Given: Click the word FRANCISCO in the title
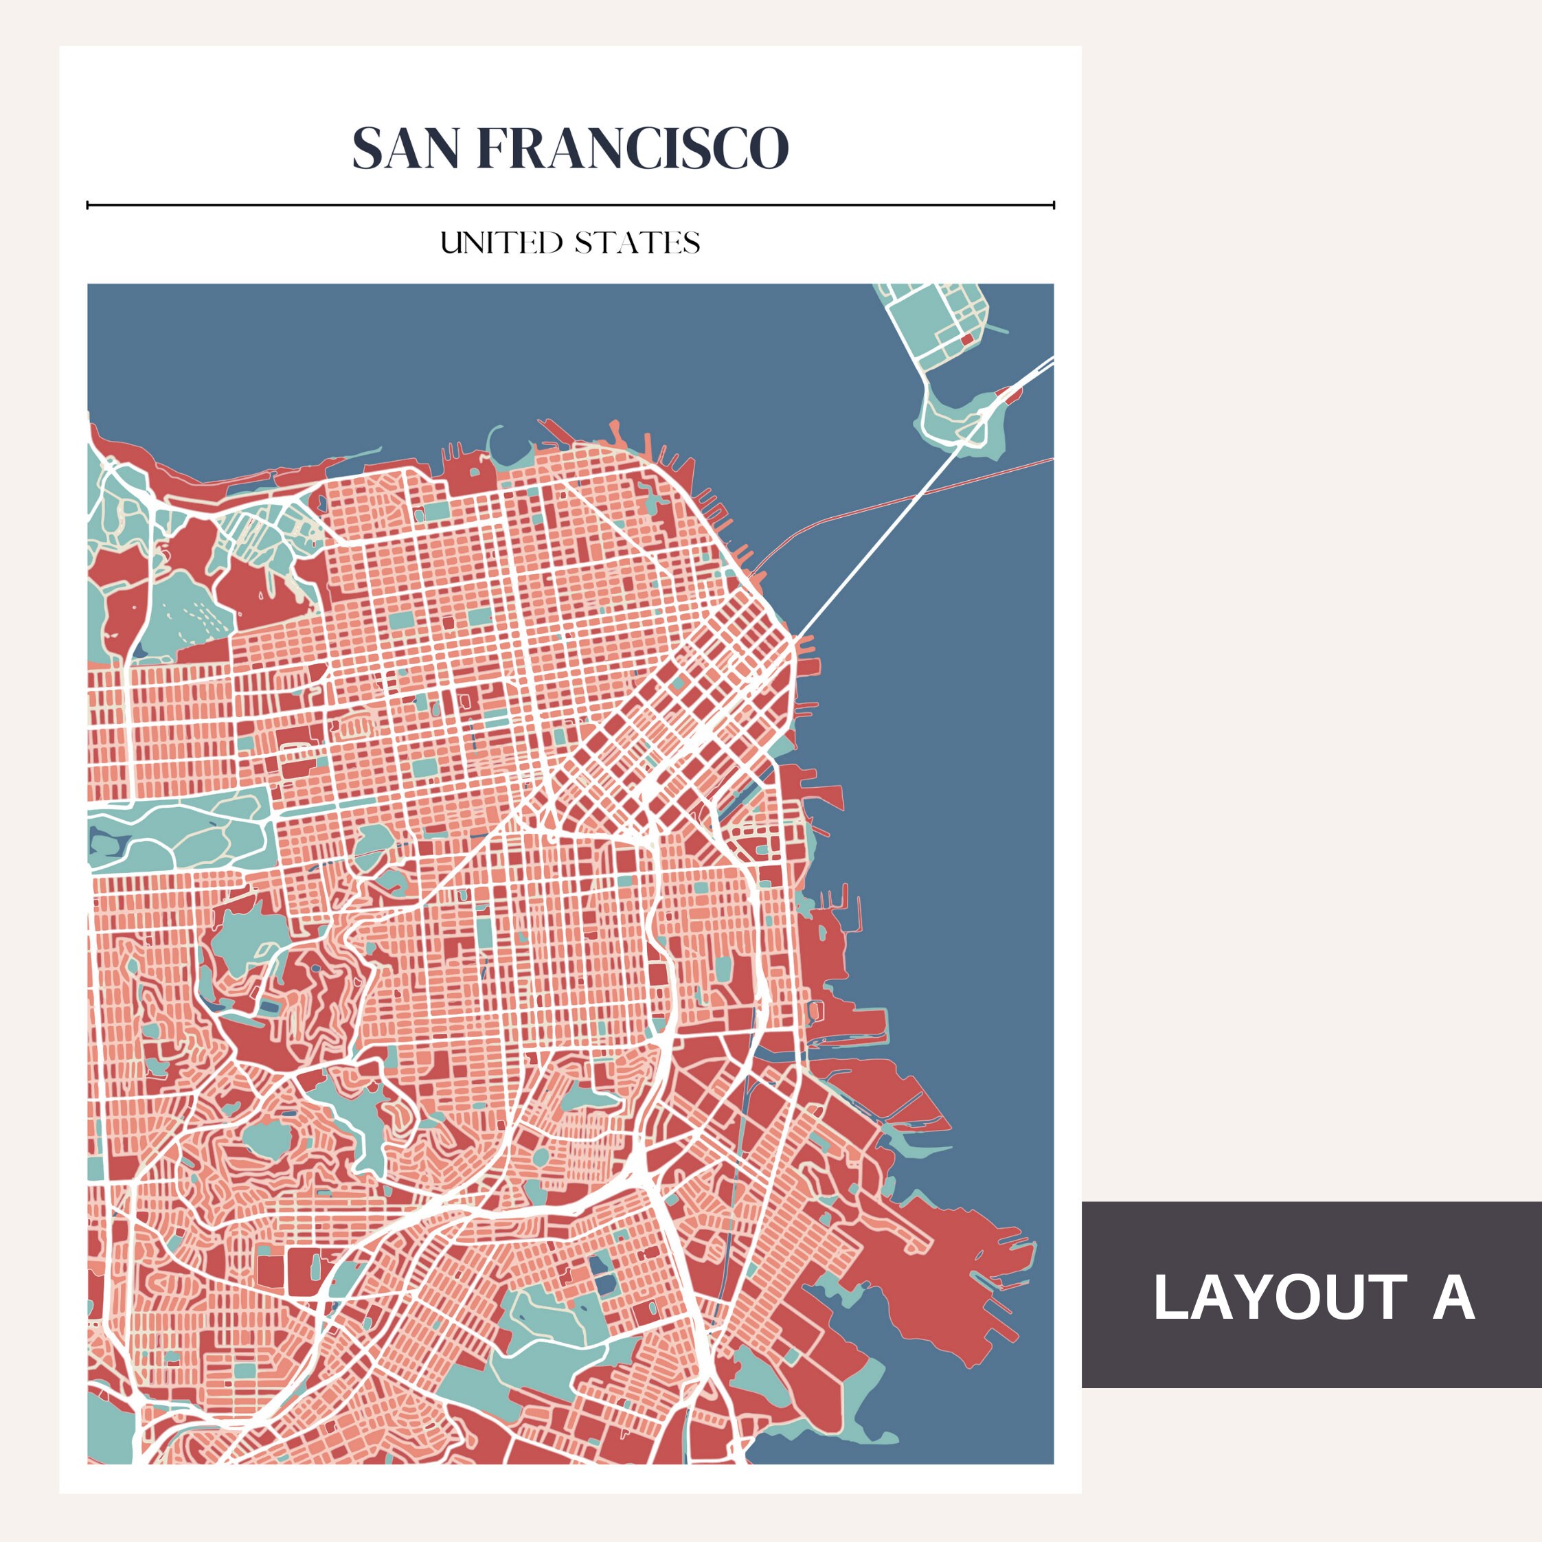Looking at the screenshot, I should [632, 148].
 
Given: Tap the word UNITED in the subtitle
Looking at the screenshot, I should [501, 242].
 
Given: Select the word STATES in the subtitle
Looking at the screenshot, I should [637, 242].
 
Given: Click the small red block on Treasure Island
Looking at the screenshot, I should [967, 339].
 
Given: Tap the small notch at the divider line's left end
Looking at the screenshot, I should [88, 206].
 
